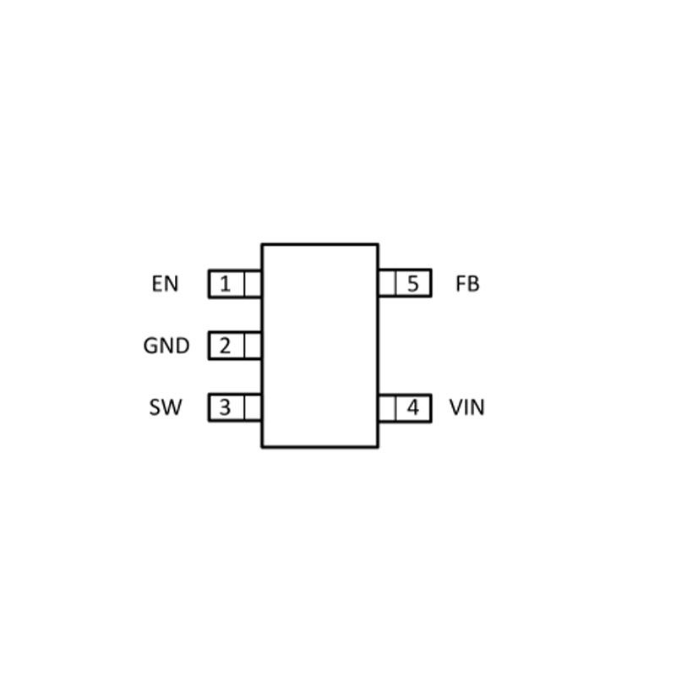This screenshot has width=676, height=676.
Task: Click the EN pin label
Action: (x=166, y=284)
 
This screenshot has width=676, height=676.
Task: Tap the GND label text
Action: (x=166, y=346)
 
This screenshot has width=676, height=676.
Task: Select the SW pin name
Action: (x=166, y=407)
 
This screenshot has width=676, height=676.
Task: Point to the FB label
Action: (x=467, y=284)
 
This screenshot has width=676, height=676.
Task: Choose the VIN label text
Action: (x=467, y=407)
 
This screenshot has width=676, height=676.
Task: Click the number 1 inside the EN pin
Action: (x=225, y=284)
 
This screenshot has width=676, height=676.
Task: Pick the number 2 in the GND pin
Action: (x=225, y=346)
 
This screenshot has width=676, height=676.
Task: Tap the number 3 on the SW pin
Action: (x=225, y=407)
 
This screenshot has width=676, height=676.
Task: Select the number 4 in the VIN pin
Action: (x=412, y=407)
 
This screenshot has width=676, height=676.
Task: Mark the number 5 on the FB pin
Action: (x=412, y=284)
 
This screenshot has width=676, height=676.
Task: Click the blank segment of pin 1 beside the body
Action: (x=253, y=284)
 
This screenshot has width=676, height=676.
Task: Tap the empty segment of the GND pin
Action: (x=253, y=346)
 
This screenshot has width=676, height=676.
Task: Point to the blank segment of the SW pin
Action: (x=253, y=407)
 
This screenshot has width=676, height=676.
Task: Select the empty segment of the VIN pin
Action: (x=387, y=407)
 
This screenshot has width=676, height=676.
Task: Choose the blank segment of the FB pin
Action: (x=387, y=284)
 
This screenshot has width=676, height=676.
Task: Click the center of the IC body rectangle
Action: (x=319, y=346)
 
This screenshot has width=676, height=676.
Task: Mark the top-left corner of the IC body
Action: (x=262, y=245)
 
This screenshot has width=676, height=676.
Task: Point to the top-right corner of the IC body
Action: (x=378, y=245)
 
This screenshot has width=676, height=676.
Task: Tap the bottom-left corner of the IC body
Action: (x=262, y=446)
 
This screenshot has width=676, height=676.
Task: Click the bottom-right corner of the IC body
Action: (x=378, y=446)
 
